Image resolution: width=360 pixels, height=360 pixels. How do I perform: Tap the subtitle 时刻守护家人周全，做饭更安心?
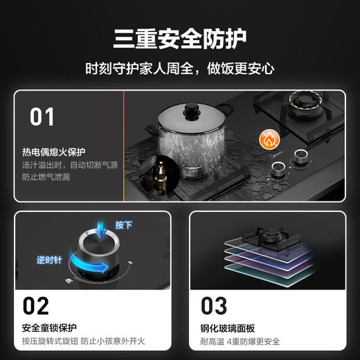click(179, 69)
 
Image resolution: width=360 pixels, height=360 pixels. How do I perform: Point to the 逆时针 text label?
click(49, 259)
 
